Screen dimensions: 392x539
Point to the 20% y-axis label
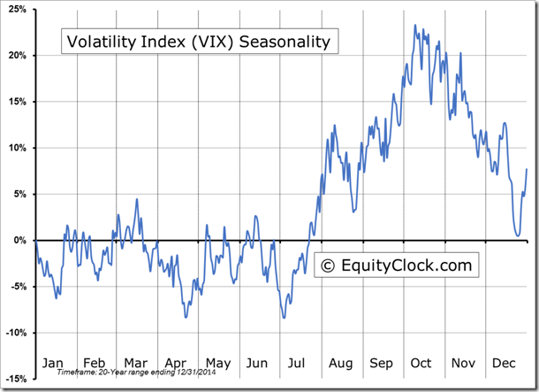(19, 56)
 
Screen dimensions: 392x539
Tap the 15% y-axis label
(19, 102)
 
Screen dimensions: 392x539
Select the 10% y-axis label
(19, 148)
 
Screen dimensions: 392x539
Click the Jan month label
(53, 363)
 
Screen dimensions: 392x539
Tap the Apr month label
(176, 363)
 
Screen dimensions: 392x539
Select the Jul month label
(298, 363)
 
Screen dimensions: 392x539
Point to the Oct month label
(421, 363)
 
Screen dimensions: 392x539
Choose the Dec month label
(503, 363)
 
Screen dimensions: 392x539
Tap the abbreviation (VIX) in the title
(209, 42)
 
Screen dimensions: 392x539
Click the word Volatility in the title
(99, 42)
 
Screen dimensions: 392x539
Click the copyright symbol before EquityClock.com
(327, 265)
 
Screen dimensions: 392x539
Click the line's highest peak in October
(415, 26)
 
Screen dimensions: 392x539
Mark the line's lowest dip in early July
(284, 318)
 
